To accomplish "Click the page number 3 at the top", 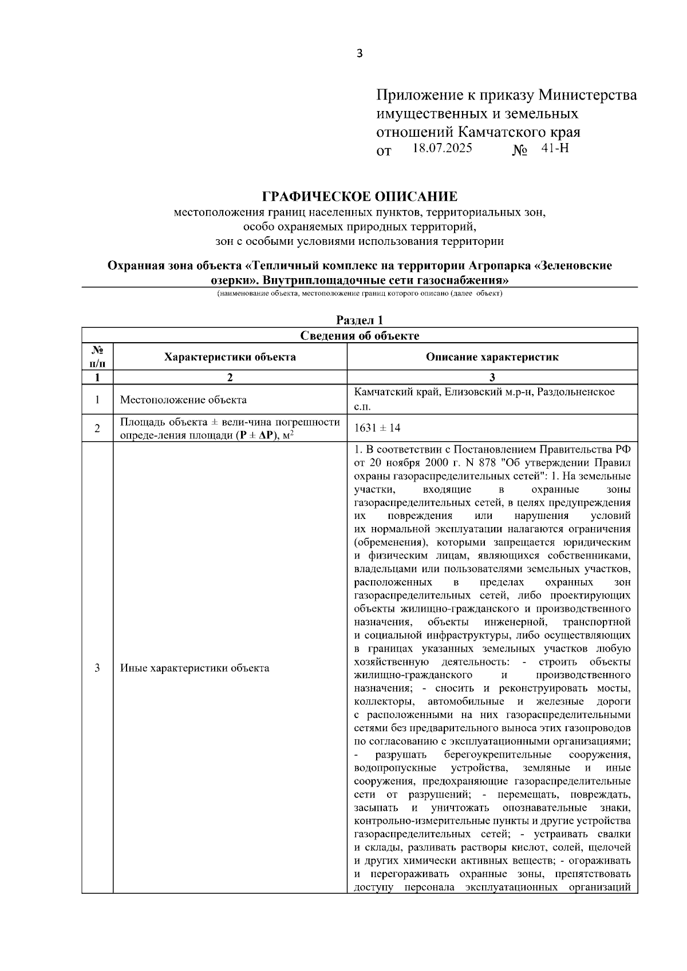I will [x=360, y=54].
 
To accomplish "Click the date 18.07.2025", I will [x=442, y=148].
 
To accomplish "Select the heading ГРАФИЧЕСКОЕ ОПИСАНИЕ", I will [x=360, y=197].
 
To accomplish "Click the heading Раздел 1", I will [x=359, y=320].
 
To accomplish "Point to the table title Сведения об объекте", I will [x=360, y=335].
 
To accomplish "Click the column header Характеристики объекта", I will [x=230, y=357].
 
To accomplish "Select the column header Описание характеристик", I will [x=492, y=357].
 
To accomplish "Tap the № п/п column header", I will [x=97, y=357].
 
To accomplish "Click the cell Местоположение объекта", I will [x=183, y=399].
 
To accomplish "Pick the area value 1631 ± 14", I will [x=378, y=428].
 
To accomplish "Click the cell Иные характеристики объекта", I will [x=195, y=668].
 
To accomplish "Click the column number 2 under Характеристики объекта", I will [x=230, y=377].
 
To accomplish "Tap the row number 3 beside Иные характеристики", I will [x=97, y=668].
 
